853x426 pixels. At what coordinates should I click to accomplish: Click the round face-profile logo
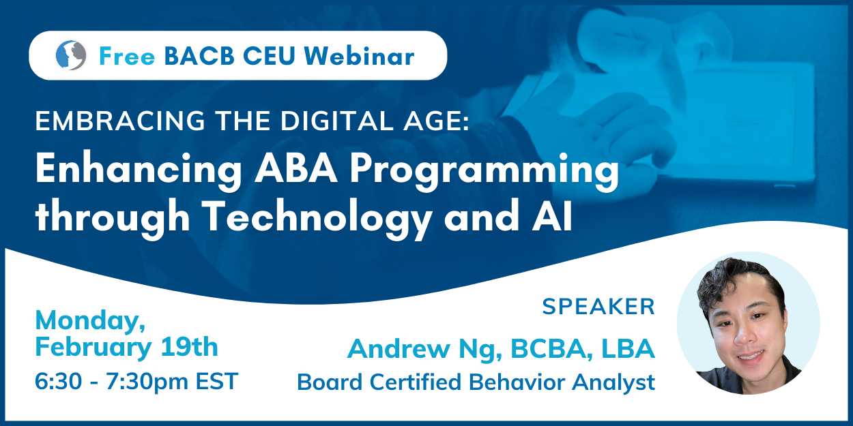[71, 55]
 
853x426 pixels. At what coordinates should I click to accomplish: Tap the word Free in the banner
[127, 57]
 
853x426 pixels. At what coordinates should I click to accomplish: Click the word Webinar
[359, 55]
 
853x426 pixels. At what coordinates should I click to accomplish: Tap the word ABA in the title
[296, 168]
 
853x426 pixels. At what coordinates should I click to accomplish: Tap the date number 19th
[189, 346]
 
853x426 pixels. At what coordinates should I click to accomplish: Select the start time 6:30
[58, 381]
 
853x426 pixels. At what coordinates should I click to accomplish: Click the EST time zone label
[217, 381]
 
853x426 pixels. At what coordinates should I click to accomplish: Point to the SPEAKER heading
[598, 307]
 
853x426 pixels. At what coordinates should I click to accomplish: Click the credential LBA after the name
[628, 348]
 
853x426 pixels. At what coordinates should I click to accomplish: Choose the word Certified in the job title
[416, 382]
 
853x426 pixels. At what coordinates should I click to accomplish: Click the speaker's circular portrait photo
[748, 323]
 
